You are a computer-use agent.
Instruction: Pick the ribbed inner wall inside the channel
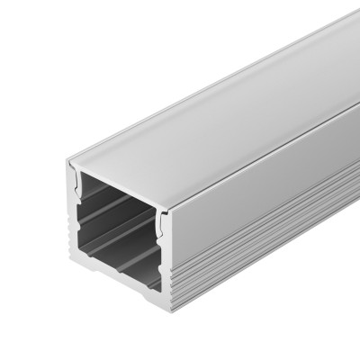[117, 220]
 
